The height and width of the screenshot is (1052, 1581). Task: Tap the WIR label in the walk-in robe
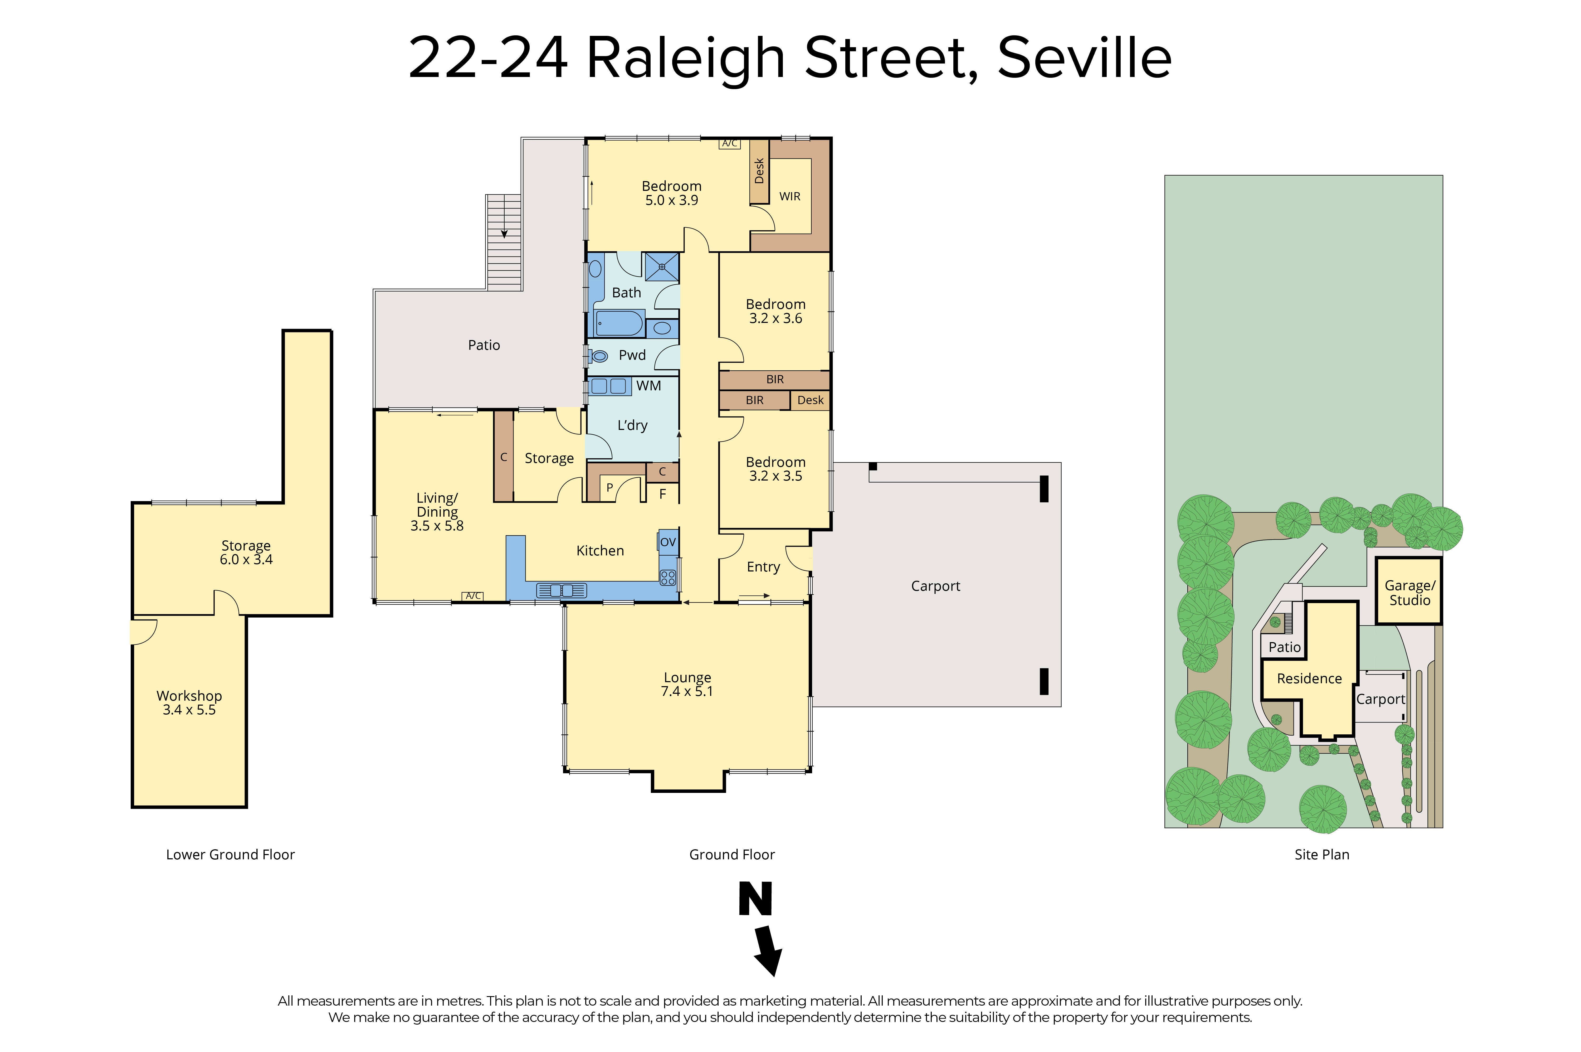[789, 197]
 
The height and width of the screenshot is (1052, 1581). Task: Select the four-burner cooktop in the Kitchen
[668, 578]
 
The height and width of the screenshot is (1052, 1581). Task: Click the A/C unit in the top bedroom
[729, 144]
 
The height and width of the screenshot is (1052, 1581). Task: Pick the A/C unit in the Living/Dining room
[473, 596]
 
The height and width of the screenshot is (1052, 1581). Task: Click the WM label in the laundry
[648, 386]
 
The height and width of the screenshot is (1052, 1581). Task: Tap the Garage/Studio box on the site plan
[1409, 592]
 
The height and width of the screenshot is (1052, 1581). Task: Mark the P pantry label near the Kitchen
[609, 488]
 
